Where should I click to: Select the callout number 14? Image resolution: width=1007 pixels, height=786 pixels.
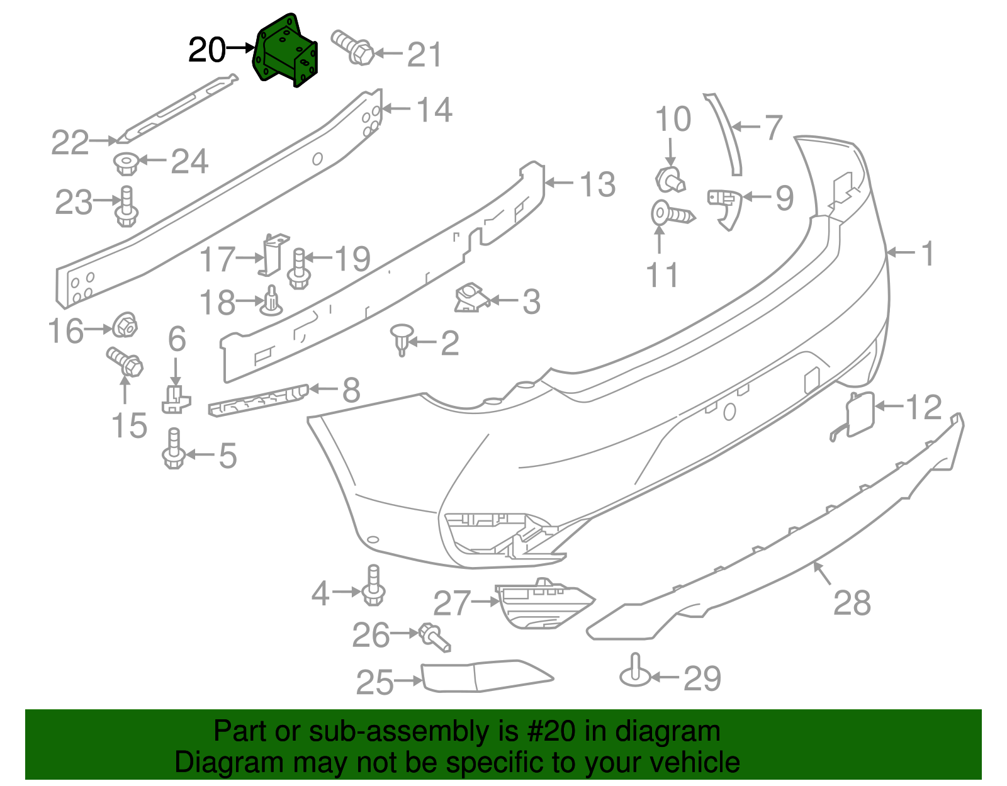coord(434,110)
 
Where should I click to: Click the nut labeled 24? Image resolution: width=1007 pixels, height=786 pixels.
coord(126,164)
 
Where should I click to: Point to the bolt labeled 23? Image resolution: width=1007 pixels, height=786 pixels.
coord(127,207)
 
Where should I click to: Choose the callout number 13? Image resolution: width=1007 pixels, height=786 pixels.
coord(597,184)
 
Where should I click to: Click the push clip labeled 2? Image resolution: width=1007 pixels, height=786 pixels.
coord(401,339)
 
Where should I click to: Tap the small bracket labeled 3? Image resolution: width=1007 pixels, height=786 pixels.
coord(470,298)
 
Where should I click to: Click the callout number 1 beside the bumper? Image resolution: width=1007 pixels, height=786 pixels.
coord(927,254)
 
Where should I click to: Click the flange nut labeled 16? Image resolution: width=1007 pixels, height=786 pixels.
coord(125,325)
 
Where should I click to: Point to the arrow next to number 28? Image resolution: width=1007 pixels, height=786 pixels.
coord(821,573)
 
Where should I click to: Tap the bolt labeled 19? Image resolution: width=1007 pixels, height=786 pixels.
coord(299,269)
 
